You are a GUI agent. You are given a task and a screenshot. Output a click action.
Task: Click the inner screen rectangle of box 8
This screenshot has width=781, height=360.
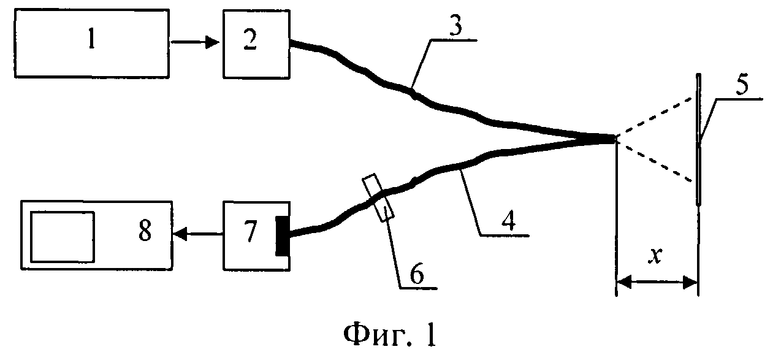pos(62,236)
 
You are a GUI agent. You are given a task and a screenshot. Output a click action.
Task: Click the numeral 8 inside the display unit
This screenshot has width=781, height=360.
pos(145,233)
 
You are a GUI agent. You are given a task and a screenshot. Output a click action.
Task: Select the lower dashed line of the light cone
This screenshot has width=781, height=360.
pos(656,161)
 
